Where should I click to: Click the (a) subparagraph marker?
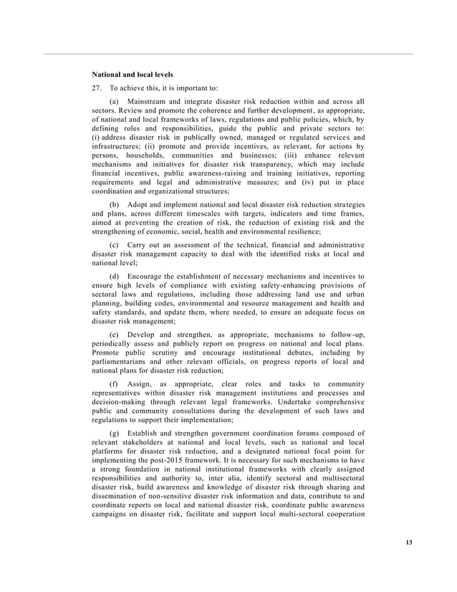(113, 102)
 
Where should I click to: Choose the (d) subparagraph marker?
(113, 276)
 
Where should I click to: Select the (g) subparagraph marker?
(113, 434)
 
